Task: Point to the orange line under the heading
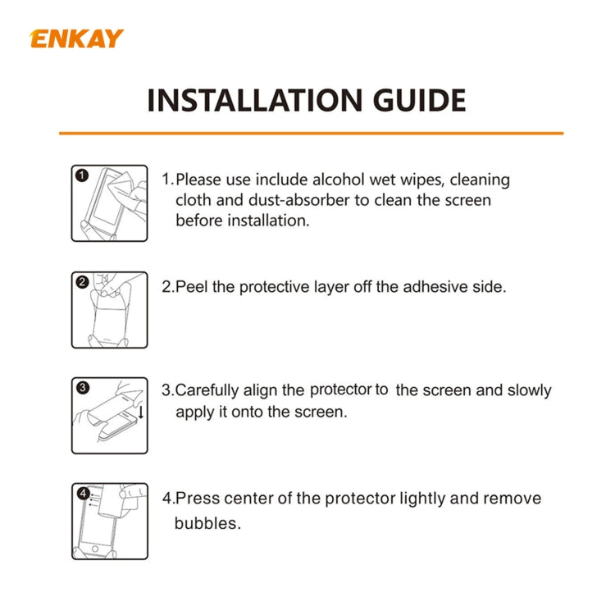tap(311, 133)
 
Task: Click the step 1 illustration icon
tap(109, 203)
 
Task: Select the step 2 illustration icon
tap(109, 310)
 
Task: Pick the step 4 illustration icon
tap(109, 522)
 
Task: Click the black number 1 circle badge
tap(81, 175)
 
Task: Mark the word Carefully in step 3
tap(209, 391)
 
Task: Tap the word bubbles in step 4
tap(207, 523)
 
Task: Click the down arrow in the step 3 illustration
tap(141, 411)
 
